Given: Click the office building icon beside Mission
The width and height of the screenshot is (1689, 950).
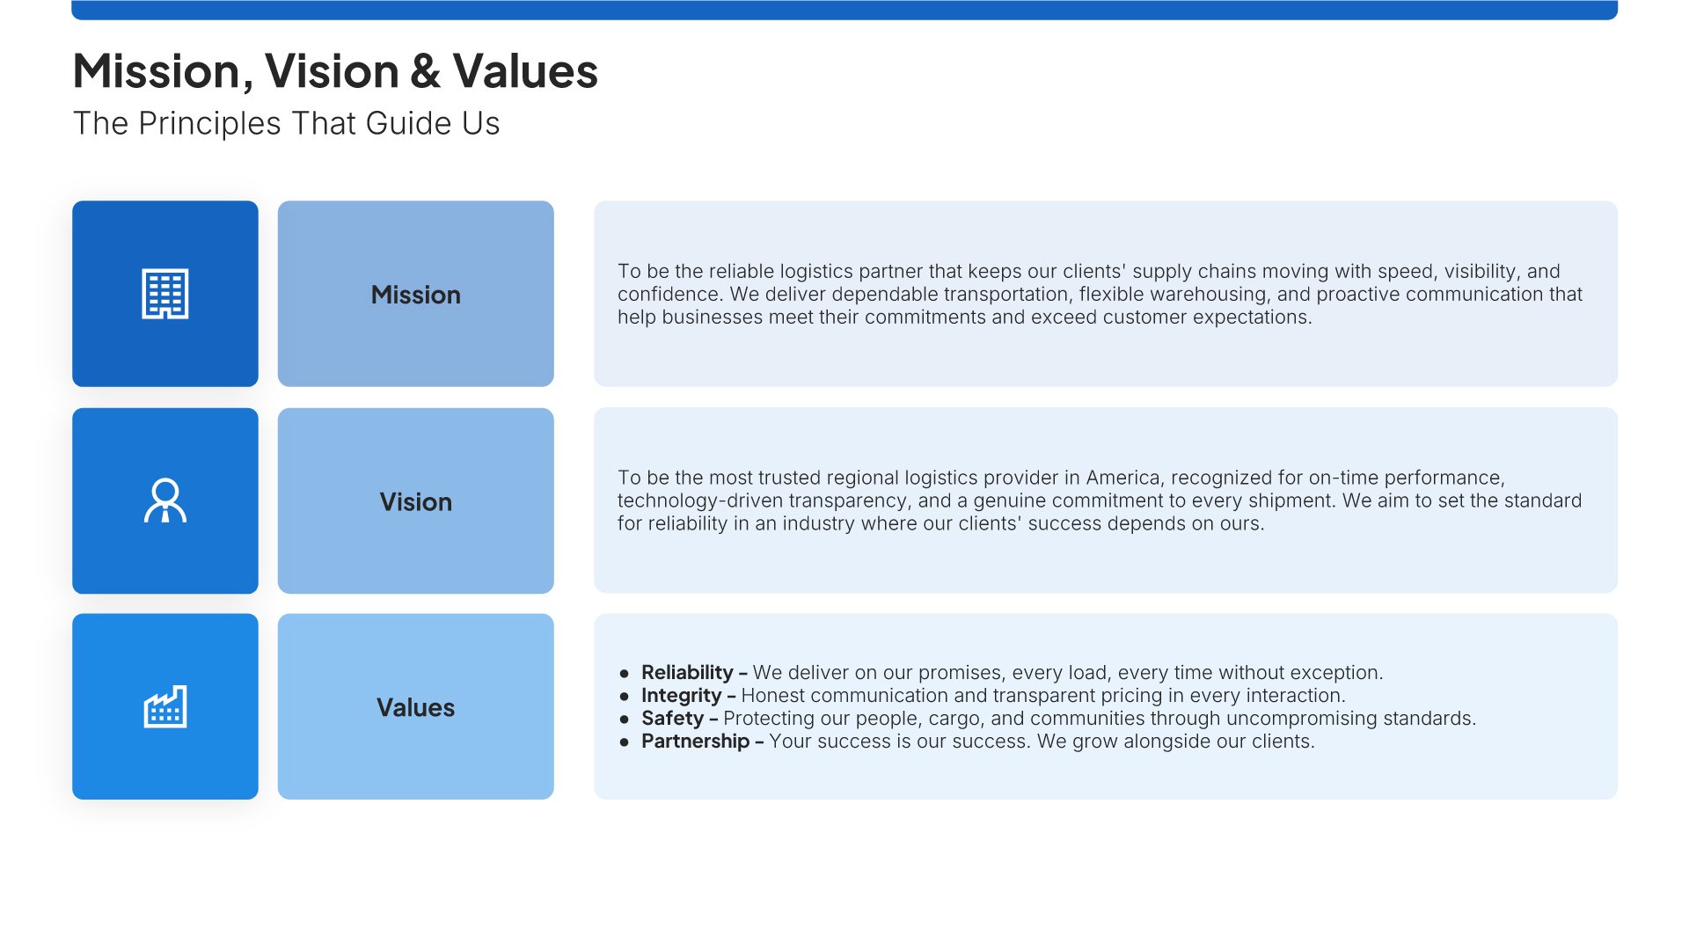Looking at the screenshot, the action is click(165, 294).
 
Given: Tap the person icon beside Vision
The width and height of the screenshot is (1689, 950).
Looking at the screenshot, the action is click(165, 501).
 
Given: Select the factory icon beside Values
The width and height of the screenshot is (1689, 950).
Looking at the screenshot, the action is click(165, 706).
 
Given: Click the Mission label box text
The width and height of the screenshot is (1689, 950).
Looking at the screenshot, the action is click(416, 295).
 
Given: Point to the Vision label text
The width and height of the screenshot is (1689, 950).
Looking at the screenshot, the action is click(416, 501).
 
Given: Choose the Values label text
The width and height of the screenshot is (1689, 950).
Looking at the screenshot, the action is click(416, 707).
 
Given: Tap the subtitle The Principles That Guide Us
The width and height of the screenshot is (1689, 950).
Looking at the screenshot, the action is click(286, 123).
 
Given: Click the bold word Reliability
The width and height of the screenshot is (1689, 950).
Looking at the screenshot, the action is click(687, 673).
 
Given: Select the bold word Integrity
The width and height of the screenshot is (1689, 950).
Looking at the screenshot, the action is click(681, 696).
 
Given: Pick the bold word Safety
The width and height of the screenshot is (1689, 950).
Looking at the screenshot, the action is click(672, 719).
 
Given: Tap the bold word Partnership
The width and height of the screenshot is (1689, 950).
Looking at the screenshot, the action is click(695, 742).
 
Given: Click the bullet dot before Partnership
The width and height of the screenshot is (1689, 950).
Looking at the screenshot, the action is click(625, 742).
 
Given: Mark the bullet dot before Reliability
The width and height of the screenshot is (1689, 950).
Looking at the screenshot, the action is click(625, 674).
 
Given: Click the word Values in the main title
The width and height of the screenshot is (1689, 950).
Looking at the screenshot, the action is click(525, 71).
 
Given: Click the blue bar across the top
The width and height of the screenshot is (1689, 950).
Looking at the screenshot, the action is click(844, 10).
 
